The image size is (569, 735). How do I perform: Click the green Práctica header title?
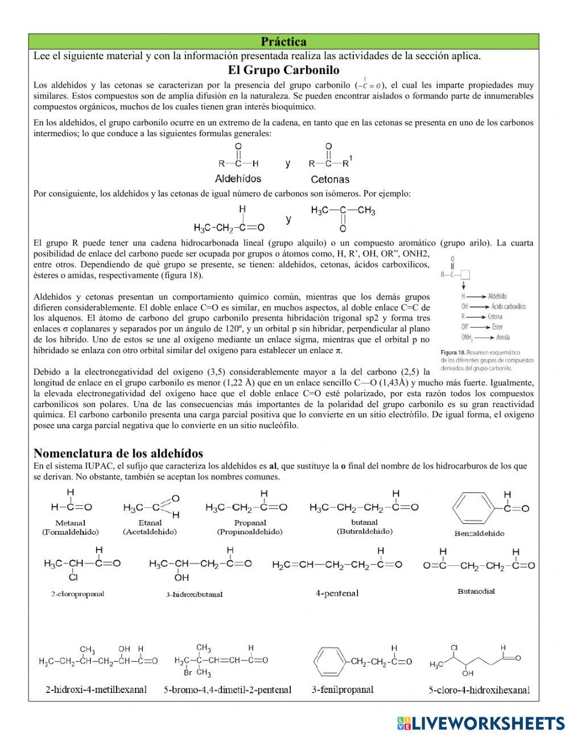point(283,42)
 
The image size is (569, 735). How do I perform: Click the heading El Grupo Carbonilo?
point(283,70)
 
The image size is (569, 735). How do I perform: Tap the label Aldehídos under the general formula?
point(238,178)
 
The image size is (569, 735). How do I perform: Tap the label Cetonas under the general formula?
point(330,179)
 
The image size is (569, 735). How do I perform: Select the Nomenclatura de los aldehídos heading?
point(118,453)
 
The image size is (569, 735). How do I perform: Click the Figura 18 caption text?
point(487,359)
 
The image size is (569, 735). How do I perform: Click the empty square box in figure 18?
point(465,274)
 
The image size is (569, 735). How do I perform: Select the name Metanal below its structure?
point(70,523)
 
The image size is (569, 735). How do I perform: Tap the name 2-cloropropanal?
point(77,594)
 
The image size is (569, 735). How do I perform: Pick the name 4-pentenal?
point(337,593)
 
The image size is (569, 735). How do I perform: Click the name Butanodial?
point(476,591)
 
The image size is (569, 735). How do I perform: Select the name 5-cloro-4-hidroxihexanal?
point(479,690)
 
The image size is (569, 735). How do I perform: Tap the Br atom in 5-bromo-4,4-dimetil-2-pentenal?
point(187,673)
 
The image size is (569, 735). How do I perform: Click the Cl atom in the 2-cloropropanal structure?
point(73,577)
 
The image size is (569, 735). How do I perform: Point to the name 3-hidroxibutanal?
point(194,594)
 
